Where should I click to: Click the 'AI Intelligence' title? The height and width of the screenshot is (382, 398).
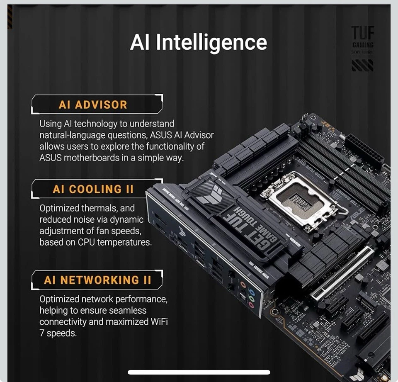tap(199, 43)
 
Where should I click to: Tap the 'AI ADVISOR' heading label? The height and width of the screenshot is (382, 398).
tap(93, 105)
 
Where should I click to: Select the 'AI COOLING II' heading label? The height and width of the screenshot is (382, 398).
tap(93, 190)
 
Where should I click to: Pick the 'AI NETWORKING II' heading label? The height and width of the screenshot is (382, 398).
tap(97, 280)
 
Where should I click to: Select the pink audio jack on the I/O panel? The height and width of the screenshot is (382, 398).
tap(251, 305)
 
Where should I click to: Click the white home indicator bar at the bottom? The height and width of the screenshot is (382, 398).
tap(199, 372)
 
